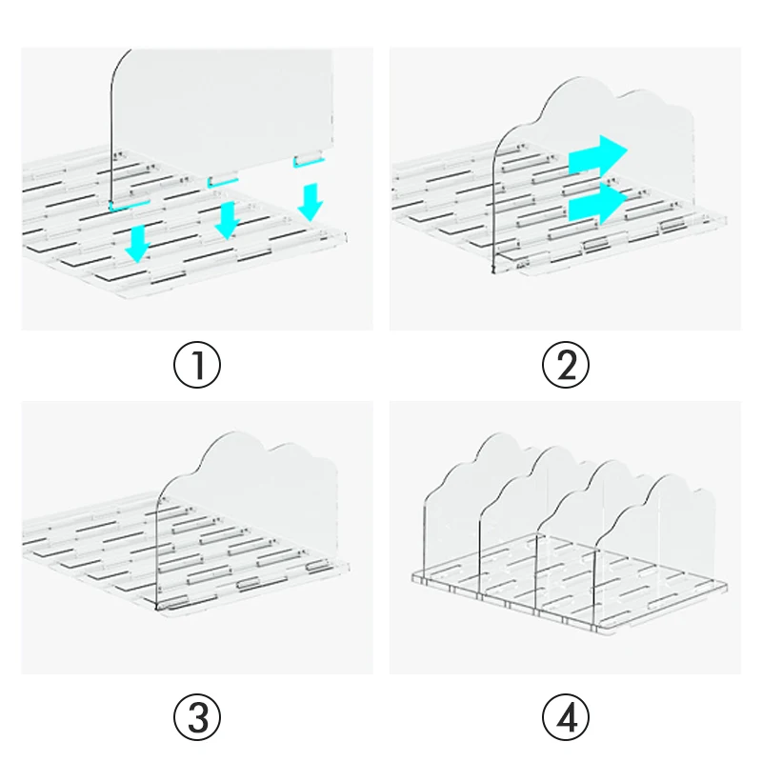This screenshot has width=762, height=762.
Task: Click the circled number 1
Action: click(197, 365)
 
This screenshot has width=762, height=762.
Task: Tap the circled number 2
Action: click(565, 365)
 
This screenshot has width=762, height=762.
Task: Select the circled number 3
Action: click(197, 717)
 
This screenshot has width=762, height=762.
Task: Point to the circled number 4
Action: click(565, 717)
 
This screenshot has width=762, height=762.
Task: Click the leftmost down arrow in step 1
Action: click(138, 243)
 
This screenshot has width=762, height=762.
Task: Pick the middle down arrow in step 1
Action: click(227, 220)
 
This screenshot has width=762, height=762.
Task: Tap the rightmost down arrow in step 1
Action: click(311, 202)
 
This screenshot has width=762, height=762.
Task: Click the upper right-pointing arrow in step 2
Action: click(598, 154)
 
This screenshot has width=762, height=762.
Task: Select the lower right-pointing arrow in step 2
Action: click(598, 203)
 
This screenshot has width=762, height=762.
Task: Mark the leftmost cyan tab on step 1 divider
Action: click(130, 206)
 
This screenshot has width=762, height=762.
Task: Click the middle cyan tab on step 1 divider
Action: click(223, 182)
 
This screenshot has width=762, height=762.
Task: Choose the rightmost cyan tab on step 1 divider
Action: click(308, 161)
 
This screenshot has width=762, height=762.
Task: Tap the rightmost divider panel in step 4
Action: click(656, 544)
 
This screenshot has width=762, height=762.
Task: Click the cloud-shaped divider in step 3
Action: click(248, 515)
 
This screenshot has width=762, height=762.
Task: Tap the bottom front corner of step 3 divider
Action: click(157, 608)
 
